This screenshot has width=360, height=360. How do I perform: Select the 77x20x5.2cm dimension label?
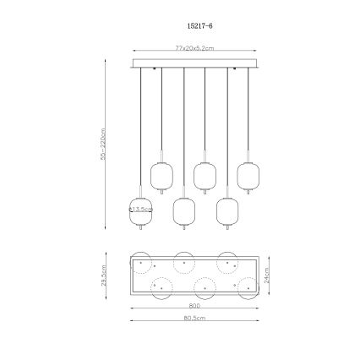click(x=194, y=48)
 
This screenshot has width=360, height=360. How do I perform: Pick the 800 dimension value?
click(x=194, y=307)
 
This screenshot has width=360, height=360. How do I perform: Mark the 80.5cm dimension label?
click(x=194, y=318)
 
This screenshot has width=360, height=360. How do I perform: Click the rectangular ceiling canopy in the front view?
click(x=194, y=63)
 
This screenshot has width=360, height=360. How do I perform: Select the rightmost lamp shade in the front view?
click(x=248, y=176)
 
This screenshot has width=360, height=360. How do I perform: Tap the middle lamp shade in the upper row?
click(x=205, y=176)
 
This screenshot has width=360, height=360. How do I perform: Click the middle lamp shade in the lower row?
click(x=183, y=210)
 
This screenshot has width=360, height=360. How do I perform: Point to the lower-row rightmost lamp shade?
click(x=226, y=210)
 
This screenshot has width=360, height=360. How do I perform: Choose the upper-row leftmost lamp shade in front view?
click(x=161, y=176)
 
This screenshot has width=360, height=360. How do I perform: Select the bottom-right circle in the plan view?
click(x=248, y=286)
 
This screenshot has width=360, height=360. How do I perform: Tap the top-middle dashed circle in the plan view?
click(x=183, y=261)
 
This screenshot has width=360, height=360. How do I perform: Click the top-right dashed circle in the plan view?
click(x=226, y=261)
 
